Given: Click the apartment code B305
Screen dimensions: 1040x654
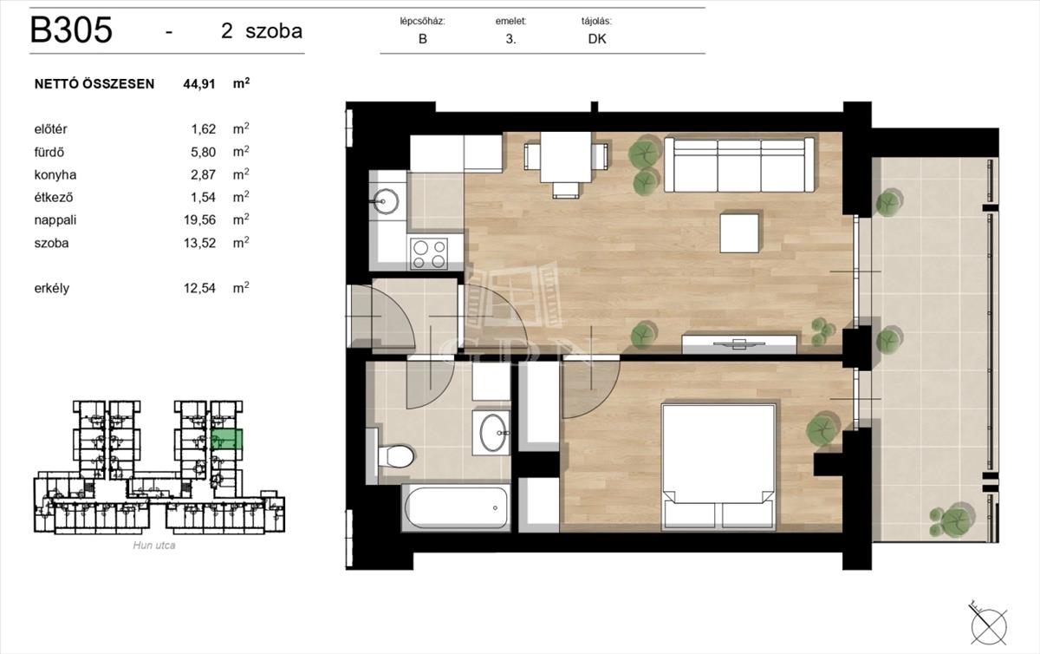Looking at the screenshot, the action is (x=71, y=30).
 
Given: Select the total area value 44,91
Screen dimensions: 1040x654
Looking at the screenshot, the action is (x=199, y=84).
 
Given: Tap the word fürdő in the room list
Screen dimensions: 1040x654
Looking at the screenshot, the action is (x=49, y=152).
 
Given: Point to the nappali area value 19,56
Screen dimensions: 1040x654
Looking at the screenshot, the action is (x=199, y=219).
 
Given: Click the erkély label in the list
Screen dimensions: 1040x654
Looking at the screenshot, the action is (x=51, y=288).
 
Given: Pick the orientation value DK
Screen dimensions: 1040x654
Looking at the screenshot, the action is (x=597, y=39).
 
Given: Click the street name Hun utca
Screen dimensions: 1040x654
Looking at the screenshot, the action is (x=154, y=546).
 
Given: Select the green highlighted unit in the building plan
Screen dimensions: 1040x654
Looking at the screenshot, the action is (x=226, y=439).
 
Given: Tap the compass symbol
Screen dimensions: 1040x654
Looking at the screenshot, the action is (x=989, y=626).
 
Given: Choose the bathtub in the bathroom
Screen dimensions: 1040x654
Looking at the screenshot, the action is (x=457, y=507).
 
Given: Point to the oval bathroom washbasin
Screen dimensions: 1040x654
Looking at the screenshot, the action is (x=492, y=432).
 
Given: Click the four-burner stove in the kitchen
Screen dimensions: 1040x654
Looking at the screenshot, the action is (x=429, y=254).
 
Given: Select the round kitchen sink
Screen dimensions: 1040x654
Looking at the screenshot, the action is (x=387, y=201).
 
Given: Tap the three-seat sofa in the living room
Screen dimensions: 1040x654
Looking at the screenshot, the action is (x=739, y=165).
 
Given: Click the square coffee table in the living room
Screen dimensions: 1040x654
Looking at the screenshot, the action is (x=739, y=233).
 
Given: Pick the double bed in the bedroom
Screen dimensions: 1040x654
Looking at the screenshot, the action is (x=718, y=468).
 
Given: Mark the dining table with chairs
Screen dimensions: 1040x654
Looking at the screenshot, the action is (x=565, y=164).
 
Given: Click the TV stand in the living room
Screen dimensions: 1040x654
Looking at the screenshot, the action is (x=739, y=344).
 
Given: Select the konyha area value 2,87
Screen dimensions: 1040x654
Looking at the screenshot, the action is (x=204, y=174).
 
